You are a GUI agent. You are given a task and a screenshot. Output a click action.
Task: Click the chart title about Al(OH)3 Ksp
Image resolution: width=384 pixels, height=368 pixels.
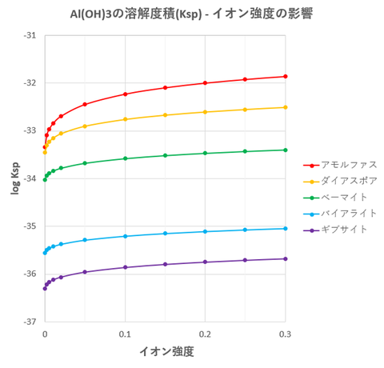click(x=192, y=14)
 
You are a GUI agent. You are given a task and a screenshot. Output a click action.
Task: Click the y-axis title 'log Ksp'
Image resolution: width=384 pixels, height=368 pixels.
click(x=14, y=178)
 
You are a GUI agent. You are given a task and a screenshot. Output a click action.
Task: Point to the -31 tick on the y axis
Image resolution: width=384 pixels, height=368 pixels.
click(x=30, y=35)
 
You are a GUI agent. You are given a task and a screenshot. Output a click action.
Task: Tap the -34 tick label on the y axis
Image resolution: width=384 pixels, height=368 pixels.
click(x=30, y=178)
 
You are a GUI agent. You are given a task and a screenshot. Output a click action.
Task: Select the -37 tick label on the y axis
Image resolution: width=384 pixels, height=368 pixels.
click(x=30, y=322)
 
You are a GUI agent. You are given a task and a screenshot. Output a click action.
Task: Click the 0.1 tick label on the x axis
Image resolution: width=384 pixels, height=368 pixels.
click(x=125, y=333)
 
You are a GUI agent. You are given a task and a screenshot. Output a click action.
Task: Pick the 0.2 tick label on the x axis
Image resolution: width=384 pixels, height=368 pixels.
click(x=205, y=333)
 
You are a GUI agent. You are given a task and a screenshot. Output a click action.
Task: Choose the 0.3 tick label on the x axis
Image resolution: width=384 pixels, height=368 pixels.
click(x=285, y=333)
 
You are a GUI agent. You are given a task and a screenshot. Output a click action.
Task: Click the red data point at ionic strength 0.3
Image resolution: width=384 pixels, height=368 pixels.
click(x=285, y=76)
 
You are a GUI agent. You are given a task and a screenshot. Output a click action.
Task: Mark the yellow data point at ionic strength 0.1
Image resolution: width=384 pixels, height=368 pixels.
click(x=125, y=119)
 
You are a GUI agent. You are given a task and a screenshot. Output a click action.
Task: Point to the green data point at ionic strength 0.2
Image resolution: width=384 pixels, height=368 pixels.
click(x=205, y=153)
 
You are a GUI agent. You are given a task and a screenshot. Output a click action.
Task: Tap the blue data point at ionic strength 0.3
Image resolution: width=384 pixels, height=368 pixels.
click(x=285, y=228)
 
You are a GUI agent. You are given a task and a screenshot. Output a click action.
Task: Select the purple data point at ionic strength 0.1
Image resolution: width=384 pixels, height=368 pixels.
click(x=125, y=267)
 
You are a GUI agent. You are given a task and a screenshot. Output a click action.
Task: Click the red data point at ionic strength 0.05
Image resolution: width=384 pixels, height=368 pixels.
click(x=85, y=104)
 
